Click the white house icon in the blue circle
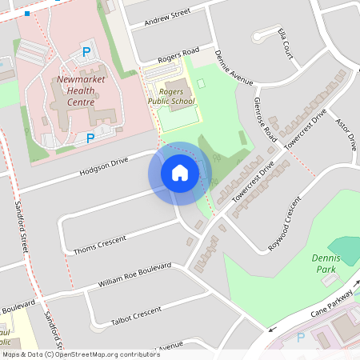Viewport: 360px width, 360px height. click(180, 172)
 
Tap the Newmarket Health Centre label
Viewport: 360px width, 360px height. click(76, 91)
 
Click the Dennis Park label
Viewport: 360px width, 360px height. click(326, 264)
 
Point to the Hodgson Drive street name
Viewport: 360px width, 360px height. click(103, 168)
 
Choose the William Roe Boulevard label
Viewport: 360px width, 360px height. click(134, 275)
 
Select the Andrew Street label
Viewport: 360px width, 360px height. click(166, 17)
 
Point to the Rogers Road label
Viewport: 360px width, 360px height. click(178, 55)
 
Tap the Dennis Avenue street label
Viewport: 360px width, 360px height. click(234, 68)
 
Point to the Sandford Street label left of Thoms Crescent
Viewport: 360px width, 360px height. click(22, 228)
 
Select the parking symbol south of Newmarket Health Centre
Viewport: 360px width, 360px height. click(90, 138)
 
